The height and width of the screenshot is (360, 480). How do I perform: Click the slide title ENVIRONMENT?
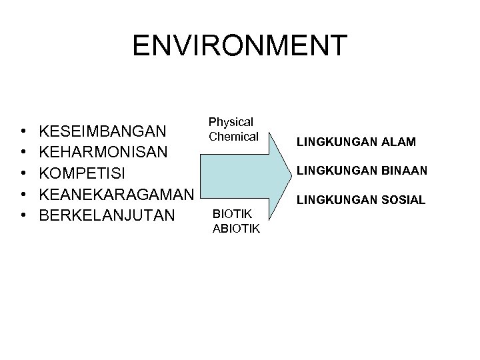pos(239,45)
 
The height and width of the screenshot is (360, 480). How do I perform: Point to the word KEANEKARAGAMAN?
pos(117,195)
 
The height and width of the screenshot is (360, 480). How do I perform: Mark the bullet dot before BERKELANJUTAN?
pos(23,217)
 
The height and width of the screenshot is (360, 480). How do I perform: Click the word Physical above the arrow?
pos(231,123)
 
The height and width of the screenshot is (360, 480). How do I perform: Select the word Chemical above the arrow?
pos(233,137)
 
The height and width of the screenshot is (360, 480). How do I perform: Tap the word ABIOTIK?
pos(235,229)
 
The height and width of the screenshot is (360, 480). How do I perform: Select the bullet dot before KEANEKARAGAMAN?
pos(23,195)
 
